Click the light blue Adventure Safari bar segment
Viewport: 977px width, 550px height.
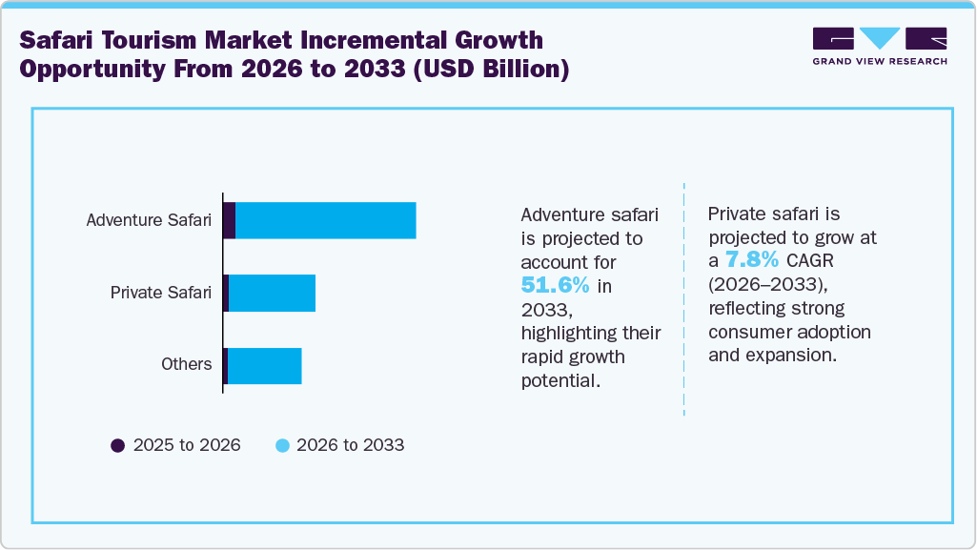(x=325, y=220)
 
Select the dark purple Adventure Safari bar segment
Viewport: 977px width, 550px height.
(x=229, y=220)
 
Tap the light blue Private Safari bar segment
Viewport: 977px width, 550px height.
(x=272, y=293)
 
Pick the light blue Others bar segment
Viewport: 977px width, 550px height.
(x=264, y=366)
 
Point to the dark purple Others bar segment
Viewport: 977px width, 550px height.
(x=225, y=366)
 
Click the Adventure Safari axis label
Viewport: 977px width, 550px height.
(x=149, y=220)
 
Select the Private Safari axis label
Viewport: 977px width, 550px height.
(x=161, y=293)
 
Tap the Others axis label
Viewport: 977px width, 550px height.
(x=186, y=364)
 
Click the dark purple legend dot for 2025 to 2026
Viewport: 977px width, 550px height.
(x=118, y=445)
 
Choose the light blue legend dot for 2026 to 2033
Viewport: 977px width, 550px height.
(x=282, y=445)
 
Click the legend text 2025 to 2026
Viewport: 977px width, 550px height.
(x=187, y=445)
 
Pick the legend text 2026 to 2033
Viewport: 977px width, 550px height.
(x=351, y=445)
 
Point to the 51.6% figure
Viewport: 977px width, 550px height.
(x=555, y=285)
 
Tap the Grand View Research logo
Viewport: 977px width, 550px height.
(x=879, y=46)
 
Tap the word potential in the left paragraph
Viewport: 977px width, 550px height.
(x=559, y=380)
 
